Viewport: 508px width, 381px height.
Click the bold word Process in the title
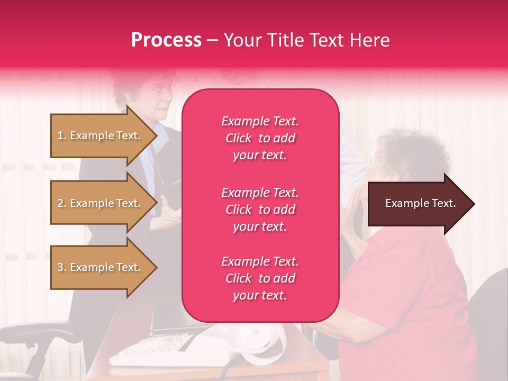[166, 40]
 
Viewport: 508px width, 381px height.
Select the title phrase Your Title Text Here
[306, 40]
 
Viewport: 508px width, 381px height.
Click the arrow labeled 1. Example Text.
[101, 135]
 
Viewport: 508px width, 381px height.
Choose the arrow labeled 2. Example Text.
[101, 203]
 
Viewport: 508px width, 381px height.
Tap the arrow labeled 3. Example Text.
[101, 267]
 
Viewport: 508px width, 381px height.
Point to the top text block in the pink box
[260, 138]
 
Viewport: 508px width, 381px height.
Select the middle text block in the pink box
[260, 210]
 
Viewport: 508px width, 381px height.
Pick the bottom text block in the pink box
[260, 278]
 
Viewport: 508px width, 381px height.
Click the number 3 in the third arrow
[60, 267]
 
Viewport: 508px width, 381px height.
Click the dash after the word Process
[212, 40]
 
